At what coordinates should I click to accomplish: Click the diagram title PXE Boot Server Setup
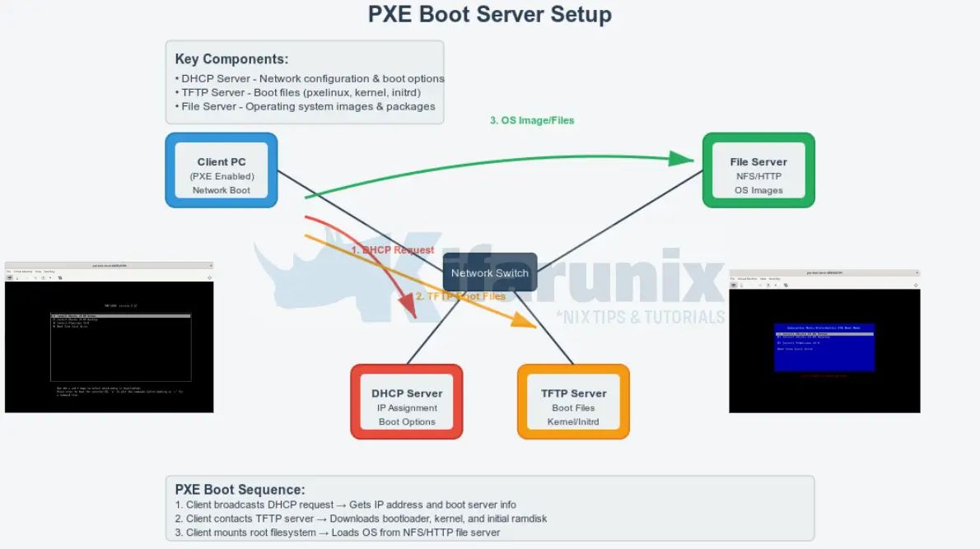point(490,15)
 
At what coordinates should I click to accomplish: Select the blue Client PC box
point(222,170)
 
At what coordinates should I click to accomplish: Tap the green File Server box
point(758,170)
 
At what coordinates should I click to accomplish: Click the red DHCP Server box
point(407,402)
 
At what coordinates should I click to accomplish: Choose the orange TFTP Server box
point(573,402)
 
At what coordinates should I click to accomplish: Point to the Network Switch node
point(490,272)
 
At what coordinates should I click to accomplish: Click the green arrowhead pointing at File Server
point(682,158)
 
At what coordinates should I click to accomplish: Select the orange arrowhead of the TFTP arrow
point(525,321)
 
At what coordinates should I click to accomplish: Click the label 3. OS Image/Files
point(532,120)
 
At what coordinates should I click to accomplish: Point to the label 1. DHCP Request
point(392,249)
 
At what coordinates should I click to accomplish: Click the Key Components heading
point(231,59)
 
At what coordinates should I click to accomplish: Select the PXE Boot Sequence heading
point(240,489)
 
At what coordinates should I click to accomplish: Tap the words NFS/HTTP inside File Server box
point(758,176)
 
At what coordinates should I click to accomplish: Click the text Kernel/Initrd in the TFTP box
point(573,422)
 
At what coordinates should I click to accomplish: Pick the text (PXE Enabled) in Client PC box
point(222,176)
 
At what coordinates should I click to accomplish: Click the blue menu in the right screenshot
point(824,346)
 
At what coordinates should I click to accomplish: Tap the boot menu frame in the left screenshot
point(121,347)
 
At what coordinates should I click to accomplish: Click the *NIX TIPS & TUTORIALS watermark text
point(640,317)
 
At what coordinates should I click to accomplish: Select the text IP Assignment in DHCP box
point(407,408)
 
